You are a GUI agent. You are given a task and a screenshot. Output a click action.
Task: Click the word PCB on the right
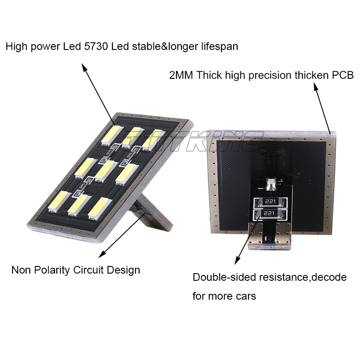coord(343,75)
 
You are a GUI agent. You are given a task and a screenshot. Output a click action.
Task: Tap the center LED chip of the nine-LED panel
coord(106,171)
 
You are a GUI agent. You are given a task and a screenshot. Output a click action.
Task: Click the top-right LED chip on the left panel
coord(152,139)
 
